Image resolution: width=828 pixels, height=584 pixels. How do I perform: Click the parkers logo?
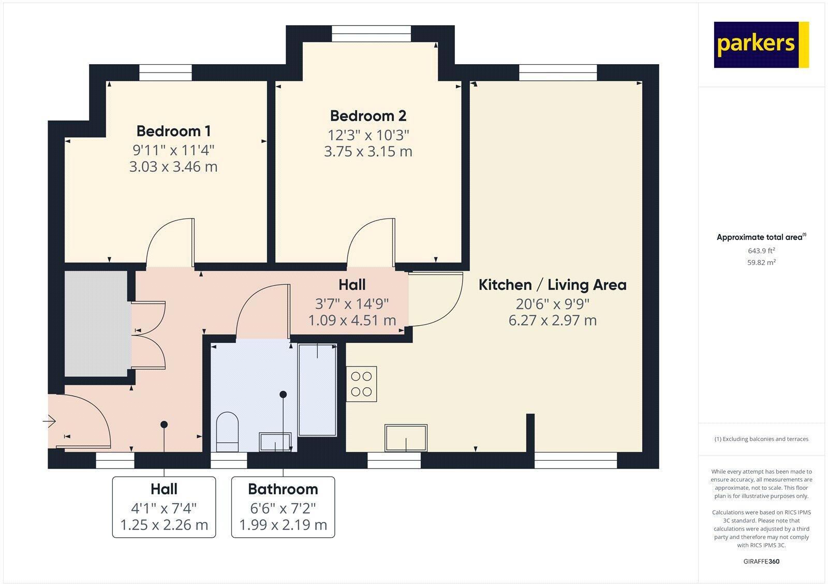[x=761, y=45]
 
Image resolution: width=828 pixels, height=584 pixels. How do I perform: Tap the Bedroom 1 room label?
[x=173, y=131]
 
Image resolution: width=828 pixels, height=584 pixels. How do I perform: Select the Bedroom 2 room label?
[x=368, y=116]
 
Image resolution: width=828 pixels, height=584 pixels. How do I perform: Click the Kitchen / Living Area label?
[x=552, y=285]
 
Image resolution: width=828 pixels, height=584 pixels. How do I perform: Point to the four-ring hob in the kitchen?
[x=362, y=384]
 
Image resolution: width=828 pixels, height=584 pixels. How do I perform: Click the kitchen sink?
[x=406, y=438]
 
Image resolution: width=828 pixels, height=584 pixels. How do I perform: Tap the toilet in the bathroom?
[x=227, y=432]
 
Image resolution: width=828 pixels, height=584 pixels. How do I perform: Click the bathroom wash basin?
[x=275, y=442]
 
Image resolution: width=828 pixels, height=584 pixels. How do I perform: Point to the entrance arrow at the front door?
[x=49, y=421]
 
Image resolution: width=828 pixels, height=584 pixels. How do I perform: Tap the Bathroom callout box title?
[x=283, y=489]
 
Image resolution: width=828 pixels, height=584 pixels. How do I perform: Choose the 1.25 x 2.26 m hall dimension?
[x=164, y=525]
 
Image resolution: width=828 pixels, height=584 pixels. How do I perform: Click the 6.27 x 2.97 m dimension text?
[x=553, y=320]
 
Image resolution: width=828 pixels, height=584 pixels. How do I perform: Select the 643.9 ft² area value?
[x=761, y=251]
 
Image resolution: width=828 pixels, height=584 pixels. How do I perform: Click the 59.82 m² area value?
[x=761, y=262]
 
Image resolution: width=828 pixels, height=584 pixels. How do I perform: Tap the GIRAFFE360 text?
[x=761, y=561]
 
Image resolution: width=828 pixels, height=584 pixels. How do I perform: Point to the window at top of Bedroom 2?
[x=371, y=34]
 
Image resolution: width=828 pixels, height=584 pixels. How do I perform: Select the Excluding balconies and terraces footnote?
[x=761, y=439]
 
